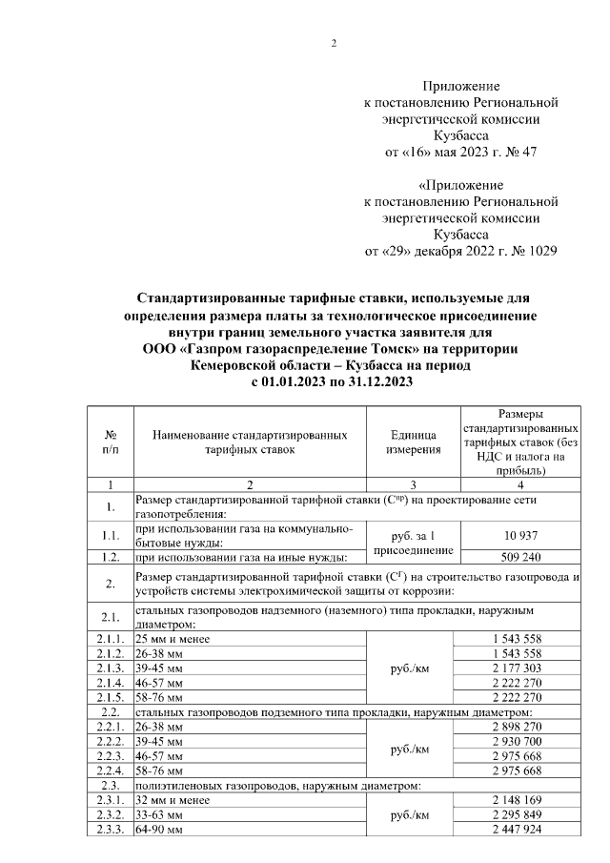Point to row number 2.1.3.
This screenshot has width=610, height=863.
[111, 668]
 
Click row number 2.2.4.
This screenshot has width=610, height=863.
[111, 771]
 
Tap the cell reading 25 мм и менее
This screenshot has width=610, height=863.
[173, 638]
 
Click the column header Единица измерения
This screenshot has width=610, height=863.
[414, 442]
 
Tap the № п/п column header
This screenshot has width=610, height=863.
[111, 442]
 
